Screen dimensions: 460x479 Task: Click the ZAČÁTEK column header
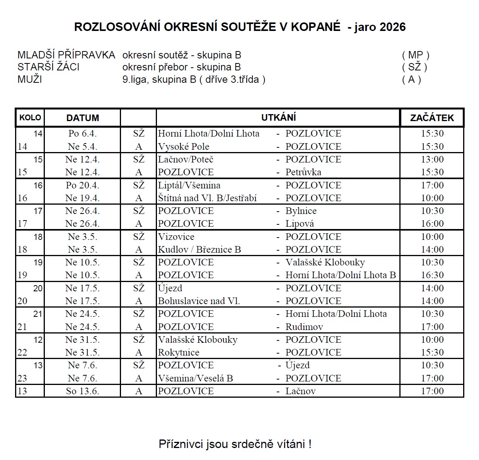point(432,118)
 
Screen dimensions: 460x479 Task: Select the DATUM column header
point(82,118)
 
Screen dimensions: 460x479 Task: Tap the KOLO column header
point(30,117)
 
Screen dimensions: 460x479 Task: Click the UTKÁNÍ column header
point(278,117)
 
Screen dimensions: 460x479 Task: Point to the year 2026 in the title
point(393,27)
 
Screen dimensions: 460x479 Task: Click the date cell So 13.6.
point(82,391)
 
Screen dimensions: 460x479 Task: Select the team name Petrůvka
point(303,172)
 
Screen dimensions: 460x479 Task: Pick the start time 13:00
point(432,159)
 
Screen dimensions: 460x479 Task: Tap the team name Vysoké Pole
point(184,147)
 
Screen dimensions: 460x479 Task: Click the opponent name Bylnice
point(301,211)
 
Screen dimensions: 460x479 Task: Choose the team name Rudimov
point(304,327)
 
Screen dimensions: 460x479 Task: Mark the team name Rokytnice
point(179,352)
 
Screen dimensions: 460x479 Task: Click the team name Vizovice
point(176,237)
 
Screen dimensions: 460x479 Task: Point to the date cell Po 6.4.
point(82,133)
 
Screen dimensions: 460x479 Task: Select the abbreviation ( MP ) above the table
point(415,55)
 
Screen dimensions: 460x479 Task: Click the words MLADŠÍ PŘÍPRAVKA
point(66,55)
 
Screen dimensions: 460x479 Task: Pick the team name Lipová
point(300,224)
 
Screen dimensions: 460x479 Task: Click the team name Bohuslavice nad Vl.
point(199,301)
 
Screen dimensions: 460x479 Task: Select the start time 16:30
point(432,275)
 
